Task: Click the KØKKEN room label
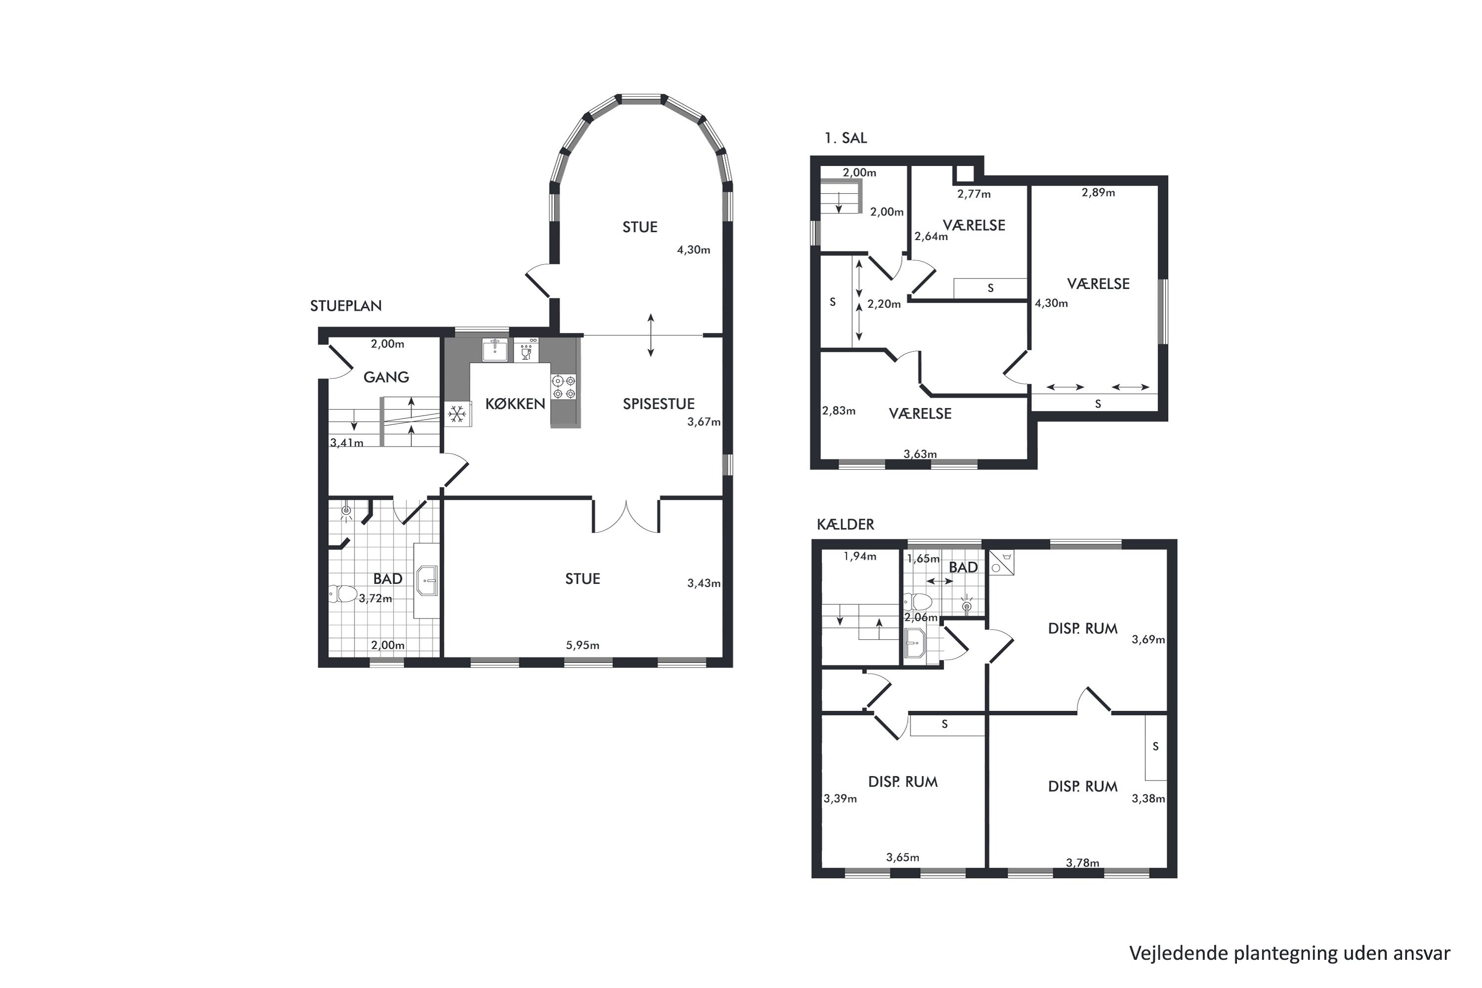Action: pos(515,404)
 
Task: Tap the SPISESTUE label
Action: pos(659,404)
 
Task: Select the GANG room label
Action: pos(386,377)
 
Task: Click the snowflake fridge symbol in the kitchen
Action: pos(457,414)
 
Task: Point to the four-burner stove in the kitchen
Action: pos(564,387)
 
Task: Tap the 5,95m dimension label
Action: pos(582,645)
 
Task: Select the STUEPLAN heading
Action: pos(346,306)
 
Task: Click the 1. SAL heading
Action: pos(846,138)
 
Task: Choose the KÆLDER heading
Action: pos(846,524)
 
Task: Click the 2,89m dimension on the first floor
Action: pos(1098,193)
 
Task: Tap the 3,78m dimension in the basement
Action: pos(1082,863)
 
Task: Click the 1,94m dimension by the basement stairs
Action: pos(860,556)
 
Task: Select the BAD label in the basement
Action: pos(963,567)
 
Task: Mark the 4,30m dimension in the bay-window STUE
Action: pos(693,249)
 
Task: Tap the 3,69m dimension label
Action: pos(1148,640)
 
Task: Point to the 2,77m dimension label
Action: pos(974,194)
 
